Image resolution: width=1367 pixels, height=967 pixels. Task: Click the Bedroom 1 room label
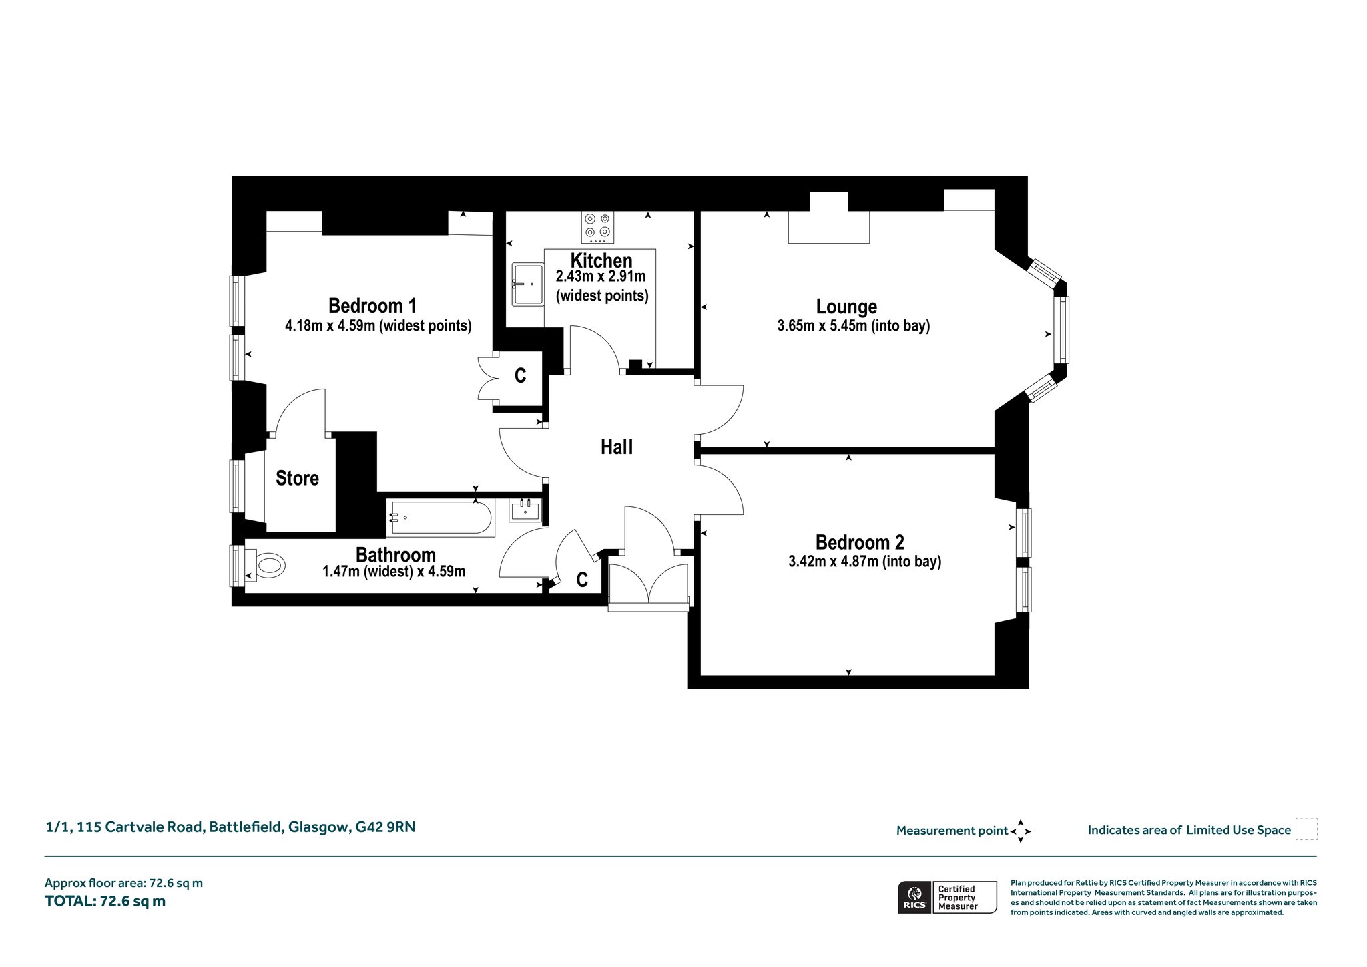coord(372,305)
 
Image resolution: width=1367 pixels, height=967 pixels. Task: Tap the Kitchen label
coord(601,260)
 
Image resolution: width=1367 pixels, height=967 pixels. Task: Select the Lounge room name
coord(846,307)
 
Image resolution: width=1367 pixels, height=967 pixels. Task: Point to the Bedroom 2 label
coord(860,542)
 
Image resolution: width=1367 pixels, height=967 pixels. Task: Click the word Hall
coord(617,447)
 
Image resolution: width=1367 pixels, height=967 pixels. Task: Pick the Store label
coord(297,478)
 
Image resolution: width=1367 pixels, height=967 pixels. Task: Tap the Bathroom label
coord(395,554)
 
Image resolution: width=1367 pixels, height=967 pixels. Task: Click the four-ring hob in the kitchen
coord(597,226)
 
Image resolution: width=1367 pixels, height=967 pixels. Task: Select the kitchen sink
coord(527,284)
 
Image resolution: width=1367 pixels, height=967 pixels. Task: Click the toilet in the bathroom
coord(265,566)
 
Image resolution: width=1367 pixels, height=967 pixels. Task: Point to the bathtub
coord(441,518)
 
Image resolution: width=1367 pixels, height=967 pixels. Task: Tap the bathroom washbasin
coord(525,510)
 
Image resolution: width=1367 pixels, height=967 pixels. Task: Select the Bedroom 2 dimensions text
coord(864,561)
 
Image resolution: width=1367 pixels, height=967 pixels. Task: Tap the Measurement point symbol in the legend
coord(1021,831)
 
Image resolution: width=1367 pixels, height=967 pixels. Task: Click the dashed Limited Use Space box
coord(1306,829)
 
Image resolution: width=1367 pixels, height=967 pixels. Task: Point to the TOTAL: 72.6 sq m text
coord(105,901)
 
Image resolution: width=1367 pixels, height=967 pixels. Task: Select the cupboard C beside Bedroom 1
coord(520,375)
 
